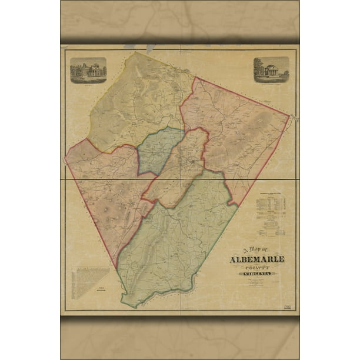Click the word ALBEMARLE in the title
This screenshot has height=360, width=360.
[x=257, y=259]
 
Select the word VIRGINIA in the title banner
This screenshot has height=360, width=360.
[x=257, y=275]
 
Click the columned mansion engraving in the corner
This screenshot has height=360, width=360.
[x=88, y=70]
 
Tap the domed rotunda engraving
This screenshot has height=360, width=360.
[x=271, y=69]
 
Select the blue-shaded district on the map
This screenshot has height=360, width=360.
[x=158, y=150]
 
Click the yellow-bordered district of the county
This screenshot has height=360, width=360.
[x=138, y=100]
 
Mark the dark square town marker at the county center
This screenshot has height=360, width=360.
[x=192, y=160]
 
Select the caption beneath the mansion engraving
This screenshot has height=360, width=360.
[x=88, y=85]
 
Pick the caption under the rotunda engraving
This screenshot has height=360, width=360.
[x=271, y=83]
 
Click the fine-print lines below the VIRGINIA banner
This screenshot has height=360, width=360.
[x=257, y=283]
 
